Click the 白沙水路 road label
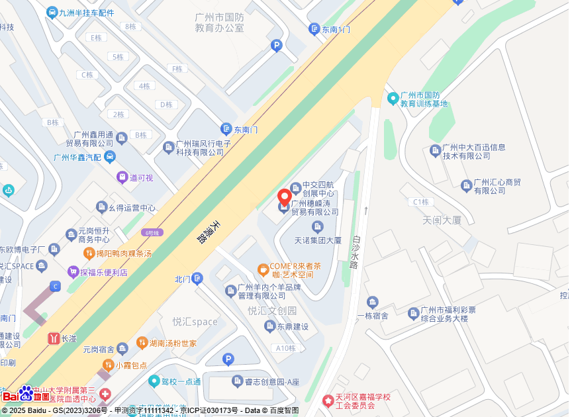[355, 251]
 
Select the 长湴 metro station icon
[53, 338]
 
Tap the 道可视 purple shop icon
[122, 177]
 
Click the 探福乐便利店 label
[104, 272]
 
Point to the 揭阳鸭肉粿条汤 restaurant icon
[88, 254]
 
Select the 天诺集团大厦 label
[318, 240]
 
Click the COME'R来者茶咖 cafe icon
[263, 269]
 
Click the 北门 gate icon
[197, 279]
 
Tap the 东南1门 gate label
[336, 30]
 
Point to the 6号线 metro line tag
[152, 232]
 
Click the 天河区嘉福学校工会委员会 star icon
[327, 400]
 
